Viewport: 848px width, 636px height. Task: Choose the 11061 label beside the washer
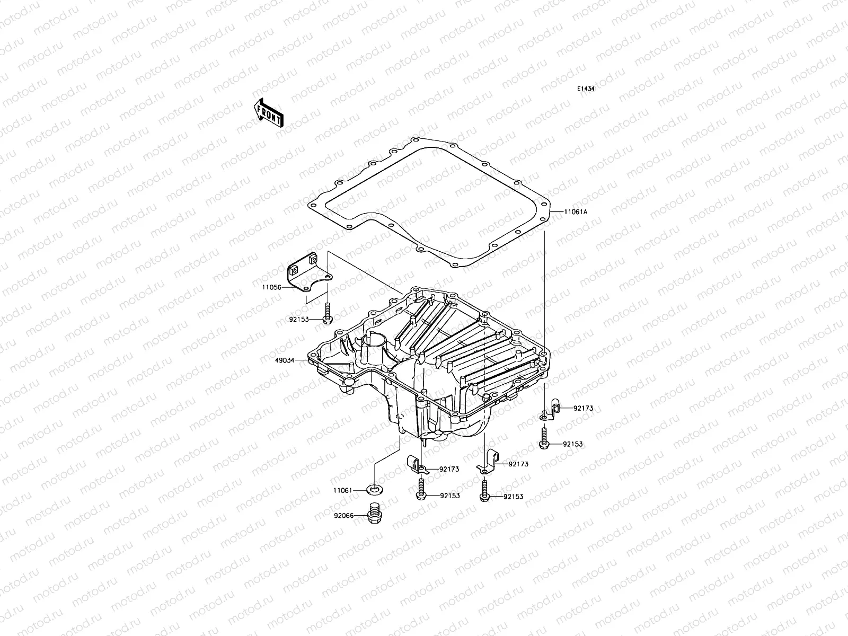pos(342,491)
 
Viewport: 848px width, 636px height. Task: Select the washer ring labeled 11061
pos(375,488)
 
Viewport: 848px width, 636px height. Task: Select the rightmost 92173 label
pos(582,408)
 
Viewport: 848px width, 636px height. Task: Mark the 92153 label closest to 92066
pos(449,496)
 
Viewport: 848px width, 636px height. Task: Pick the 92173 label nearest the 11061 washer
pos(449,469)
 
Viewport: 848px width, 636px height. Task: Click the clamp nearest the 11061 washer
pos(417,463)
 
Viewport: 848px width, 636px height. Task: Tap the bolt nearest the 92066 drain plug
pos(420,488)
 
